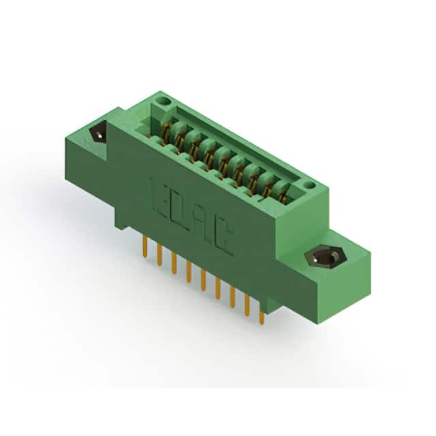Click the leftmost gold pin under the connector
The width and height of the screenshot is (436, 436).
145,247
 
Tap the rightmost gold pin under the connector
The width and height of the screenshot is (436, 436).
261,313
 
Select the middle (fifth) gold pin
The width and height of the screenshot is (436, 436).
203,280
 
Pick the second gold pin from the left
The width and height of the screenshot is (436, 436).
159,255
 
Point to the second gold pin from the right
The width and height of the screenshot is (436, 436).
247,305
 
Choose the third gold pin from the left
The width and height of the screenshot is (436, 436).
174,264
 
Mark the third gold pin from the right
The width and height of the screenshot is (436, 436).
232,297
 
